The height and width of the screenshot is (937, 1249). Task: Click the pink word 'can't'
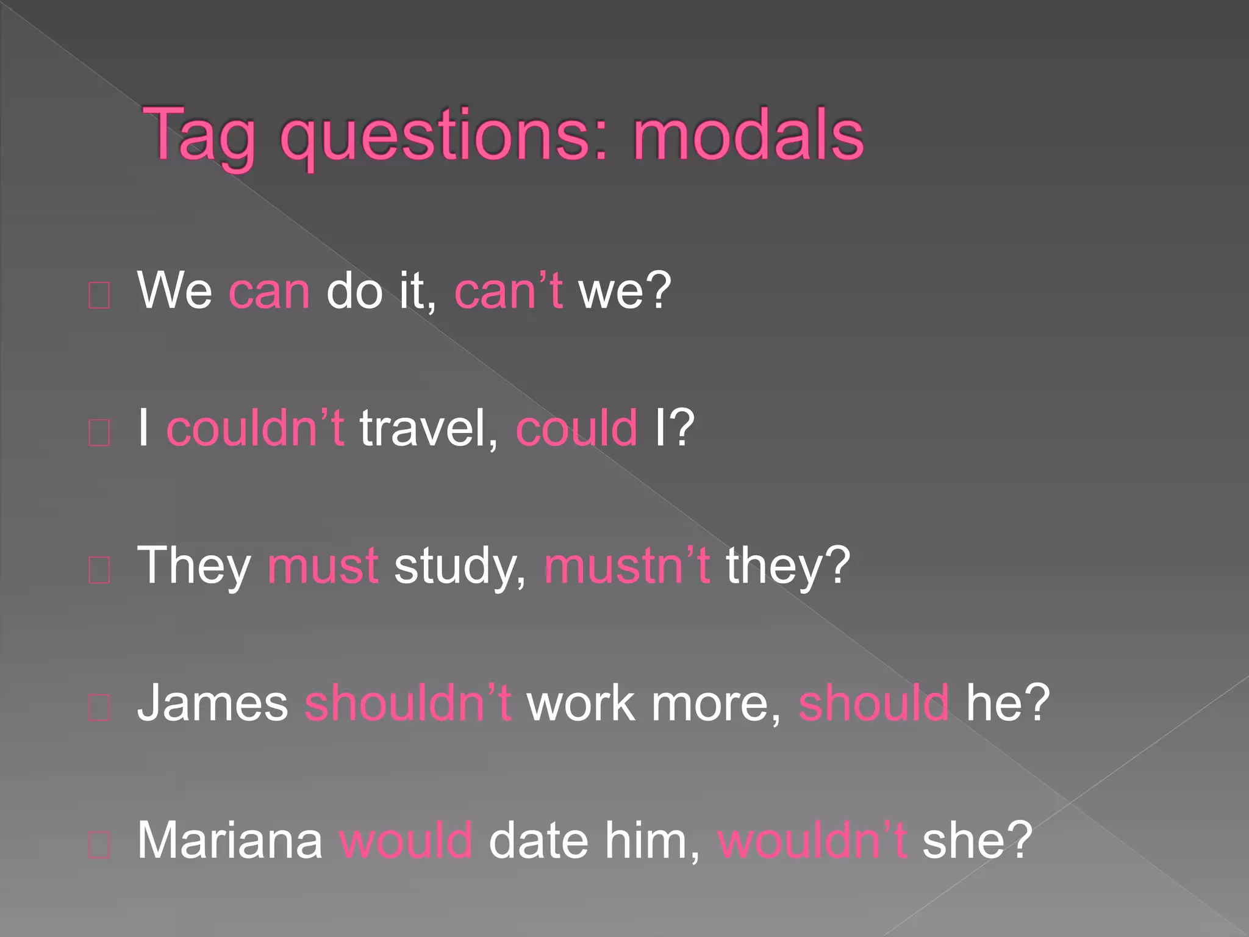pos(508,291)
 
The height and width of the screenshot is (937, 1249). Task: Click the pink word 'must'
pos(323,565)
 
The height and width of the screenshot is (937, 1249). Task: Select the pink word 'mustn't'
pos(627,565)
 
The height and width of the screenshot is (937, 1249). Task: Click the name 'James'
pos(212,703)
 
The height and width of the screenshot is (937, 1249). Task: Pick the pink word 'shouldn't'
pos(407,703)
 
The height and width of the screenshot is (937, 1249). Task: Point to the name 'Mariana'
pos(229,840)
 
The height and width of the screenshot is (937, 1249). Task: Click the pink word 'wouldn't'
pos(812,840)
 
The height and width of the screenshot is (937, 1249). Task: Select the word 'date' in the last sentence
pos(539,840)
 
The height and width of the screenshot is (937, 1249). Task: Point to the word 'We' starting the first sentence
pos(174,291)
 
